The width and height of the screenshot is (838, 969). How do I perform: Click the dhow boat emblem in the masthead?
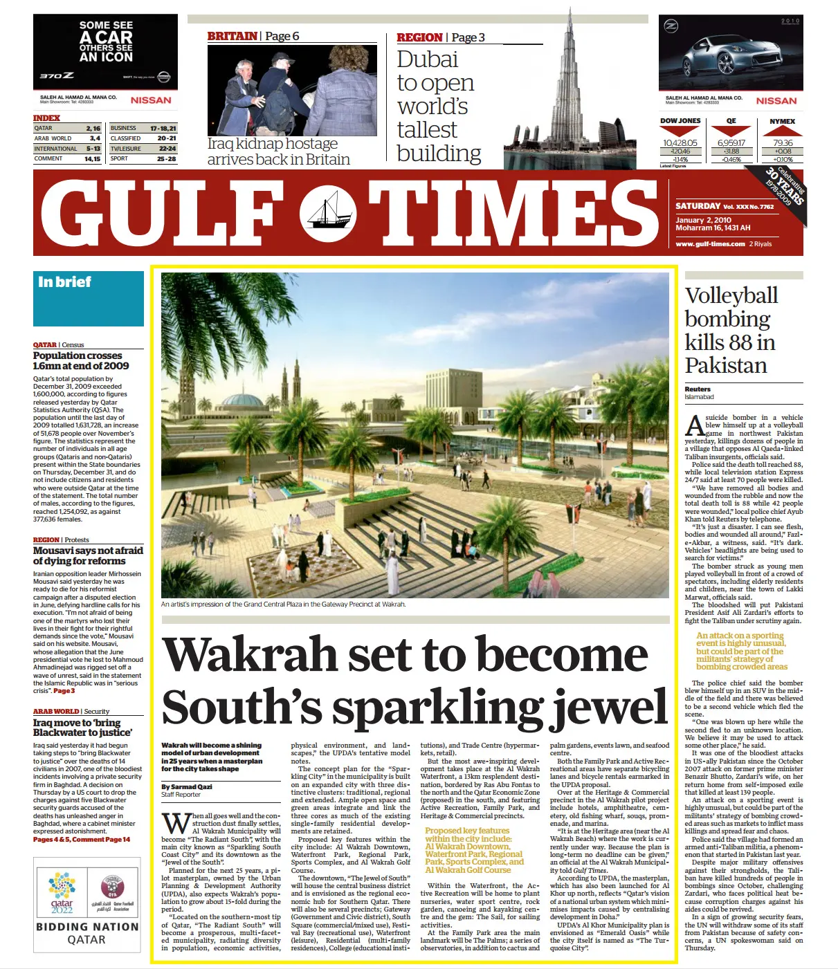click(x=327, y=213)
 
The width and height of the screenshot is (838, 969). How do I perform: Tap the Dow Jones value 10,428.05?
click(x=680, y=143)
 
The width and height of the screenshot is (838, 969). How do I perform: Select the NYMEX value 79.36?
click(x=783, y=143)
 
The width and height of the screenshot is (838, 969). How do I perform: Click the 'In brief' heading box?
click(x=89, y=298)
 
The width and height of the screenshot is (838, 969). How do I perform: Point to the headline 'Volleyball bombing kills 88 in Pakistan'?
click(x=731, y=331)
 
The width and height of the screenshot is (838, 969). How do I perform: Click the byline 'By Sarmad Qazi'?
click(x=187, y=786)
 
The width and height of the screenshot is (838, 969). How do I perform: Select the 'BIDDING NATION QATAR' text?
click(x=87, y=933)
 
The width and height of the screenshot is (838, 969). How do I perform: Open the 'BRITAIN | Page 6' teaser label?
click(x=253, y=37)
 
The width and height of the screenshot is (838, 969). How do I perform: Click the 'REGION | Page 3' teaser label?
click(x=440, y=37)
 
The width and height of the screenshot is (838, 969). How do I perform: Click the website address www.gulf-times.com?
click(x=710, y=243)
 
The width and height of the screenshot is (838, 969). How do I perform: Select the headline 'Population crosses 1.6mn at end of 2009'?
click(x=81, y=360)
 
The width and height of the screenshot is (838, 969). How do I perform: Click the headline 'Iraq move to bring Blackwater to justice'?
click(x=82, y=728)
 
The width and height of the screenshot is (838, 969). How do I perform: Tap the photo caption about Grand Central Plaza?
click(x=283, y=604)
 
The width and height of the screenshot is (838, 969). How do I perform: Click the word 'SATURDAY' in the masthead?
click(x=698, y=206)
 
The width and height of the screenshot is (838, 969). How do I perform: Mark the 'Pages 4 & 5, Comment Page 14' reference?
click(x=82, y=840)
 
